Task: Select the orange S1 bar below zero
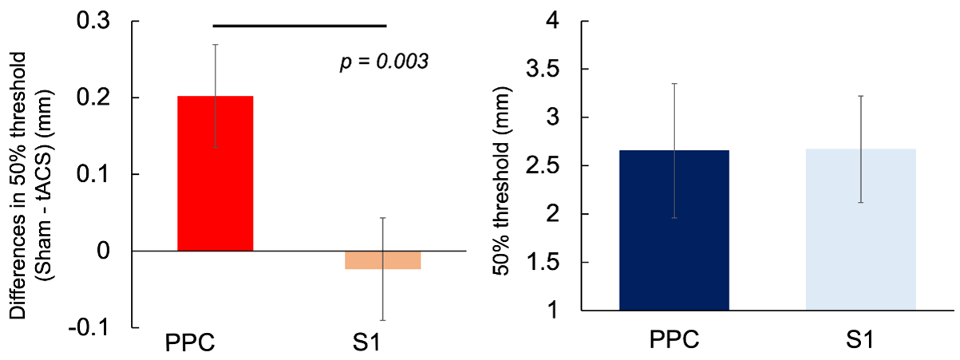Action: click(x=382, y=260)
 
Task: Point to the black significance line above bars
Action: click(x=299, y=26)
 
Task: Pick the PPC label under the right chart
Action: click(x=674, y=338)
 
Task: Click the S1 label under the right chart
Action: click(x=860, y=338)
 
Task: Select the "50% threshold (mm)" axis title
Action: click(x=504, y=166)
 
